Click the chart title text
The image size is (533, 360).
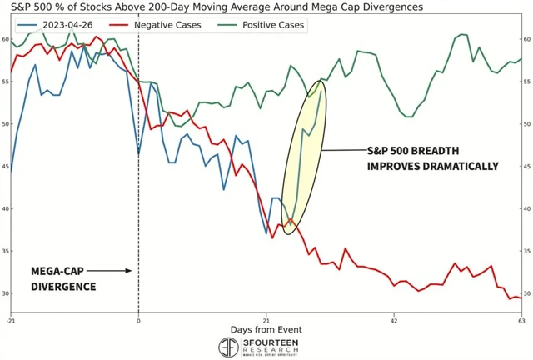point(212,7)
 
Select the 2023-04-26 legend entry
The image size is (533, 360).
point(60,25)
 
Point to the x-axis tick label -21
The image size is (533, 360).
point(11,320)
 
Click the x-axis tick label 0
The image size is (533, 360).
point(138,320)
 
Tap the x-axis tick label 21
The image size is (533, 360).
point(266,320)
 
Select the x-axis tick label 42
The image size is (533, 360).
point(394,320)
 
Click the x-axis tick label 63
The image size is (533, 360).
point(521,320)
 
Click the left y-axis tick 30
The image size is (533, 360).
point(5,293)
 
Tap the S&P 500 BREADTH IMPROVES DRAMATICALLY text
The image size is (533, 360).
point(432,158)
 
